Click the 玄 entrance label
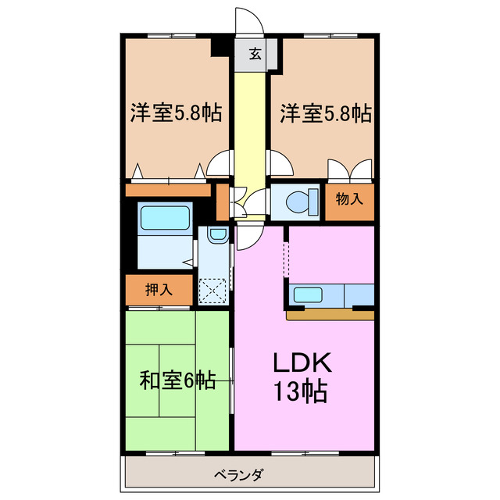click(255, 54)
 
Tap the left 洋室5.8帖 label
click(175, 113)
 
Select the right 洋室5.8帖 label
click(325, 113)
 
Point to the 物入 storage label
click(349, 198)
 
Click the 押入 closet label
click(159, 290)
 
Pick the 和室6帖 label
click(177, 380)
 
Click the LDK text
click(303, 363)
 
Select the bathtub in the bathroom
click(164, 218)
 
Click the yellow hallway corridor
click(250, 125)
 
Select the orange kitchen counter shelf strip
click(330, 316)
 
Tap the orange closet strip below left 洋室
click(168, 190)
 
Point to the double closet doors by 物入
click(349, 170)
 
